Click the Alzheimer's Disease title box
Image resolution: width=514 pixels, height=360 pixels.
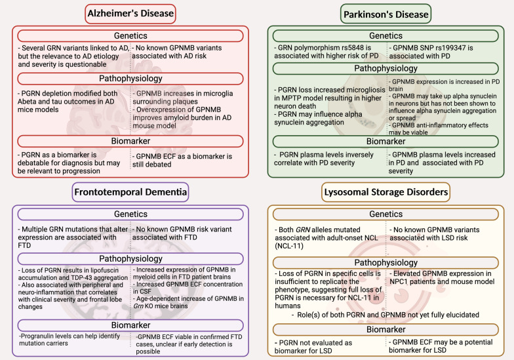(131, 13)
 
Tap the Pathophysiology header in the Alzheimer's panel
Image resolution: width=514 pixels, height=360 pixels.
(131, 79)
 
